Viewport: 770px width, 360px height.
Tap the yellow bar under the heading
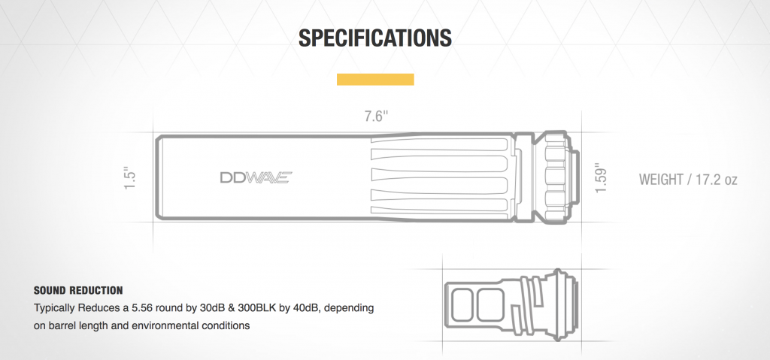coord(375,80)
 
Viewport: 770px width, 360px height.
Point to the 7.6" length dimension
coord(375,116)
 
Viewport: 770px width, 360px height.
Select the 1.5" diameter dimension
coord(129,178)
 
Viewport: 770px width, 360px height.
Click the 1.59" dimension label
coord(600,178)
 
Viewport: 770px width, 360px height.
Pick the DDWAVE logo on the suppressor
coord(255,178)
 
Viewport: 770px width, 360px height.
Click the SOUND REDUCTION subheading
coord(78,290)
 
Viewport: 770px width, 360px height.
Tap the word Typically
coord(56,308)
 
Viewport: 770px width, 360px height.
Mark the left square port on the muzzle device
coord(464,304)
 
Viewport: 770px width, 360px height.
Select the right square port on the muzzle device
coord(490,304)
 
